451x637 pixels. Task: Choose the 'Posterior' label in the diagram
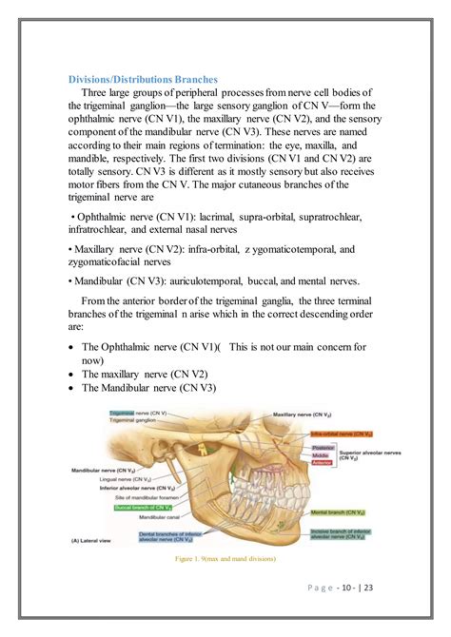pyautogui.click(x=323, y=447)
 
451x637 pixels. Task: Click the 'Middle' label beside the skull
pyautogui.click(x=321, y=455)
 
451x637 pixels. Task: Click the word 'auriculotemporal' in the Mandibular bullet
pyautogui.click(x=215, y=281)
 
